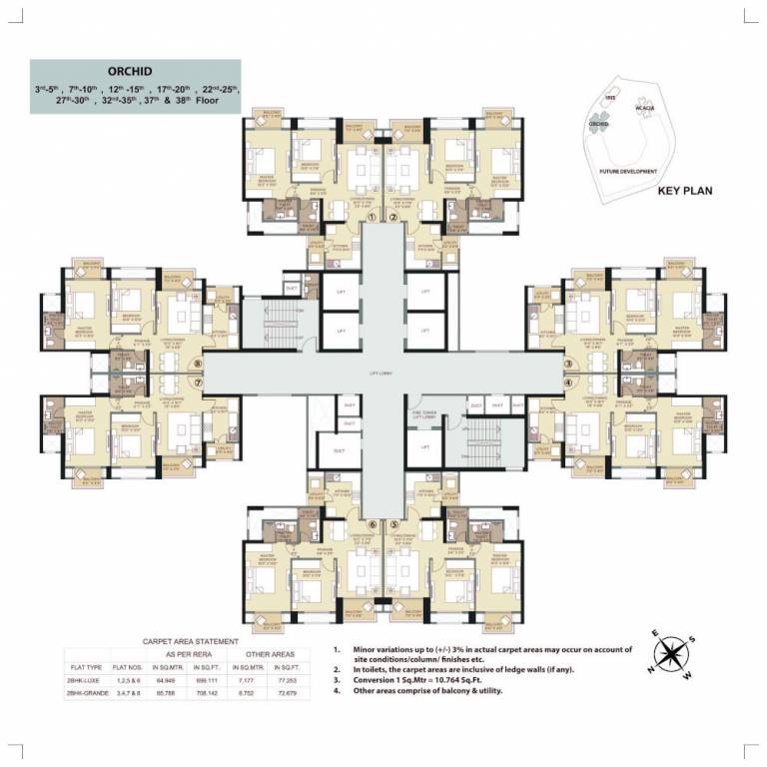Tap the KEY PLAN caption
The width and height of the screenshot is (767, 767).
685,191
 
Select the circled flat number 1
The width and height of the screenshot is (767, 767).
372,216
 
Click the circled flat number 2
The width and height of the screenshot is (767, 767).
393,216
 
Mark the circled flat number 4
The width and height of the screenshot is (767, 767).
568,381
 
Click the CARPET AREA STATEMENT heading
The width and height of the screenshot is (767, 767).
192,640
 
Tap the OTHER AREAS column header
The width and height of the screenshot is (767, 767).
263,652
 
